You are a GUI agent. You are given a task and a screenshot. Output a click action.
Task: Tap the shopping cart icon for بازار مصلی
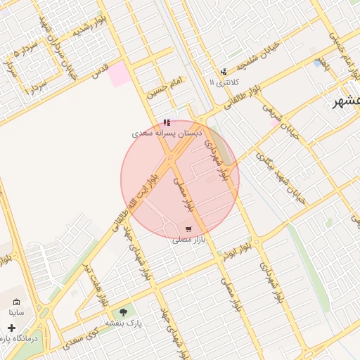tap(188, 229)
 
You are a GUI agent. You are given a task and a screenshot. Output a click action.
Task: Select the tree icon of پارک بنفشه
tap(124, 311)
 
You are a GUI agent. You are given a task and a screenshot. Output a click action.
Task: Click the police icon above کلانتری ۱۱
tap(224, 72)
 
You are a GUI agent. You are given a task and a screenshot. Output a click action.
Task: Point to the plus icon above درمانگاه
tap(11, 328)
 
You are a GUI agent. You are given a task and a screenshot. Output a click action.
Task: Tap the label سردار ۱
tap(37, 89)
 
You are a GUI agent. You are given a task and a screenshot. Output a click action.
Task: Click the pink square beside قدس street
tap(119, 74)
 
